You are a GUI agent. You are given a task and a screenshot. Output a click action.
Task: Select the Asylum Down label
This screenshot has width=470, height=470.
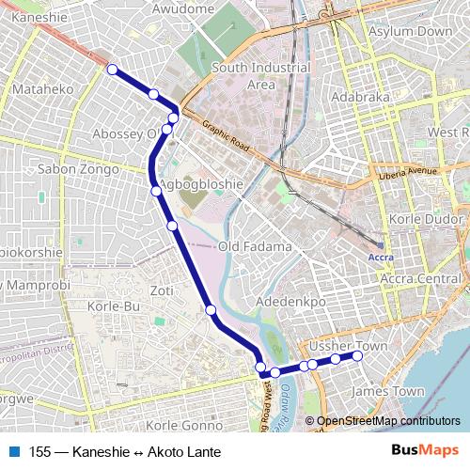click(412, 32)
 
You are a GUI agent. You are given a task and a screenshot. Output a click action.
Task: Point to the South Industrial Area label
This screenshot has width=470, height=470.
click(260, 76)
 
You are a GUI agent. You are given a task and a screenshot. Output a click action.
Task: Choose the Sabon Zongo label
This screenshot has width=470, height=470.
click(77, 169)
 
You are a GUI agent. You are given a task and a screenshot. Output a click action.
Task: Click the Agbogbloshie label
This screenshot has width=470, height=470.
click(201, 184)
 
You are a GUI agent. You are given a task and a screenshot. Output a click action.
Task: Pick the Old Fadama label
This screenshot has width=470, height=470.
click(254, 246)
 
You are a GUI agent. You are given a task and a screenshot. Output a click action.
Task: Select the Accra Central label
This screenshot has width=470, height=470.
click(420, 279)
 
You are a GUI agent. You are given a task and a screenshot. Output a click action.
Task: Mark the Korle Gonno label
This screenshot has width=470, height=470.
click(184, 425)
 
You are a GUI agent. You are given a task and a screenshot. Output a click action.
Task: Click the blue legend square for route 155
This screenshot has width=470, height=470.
click(14, 452)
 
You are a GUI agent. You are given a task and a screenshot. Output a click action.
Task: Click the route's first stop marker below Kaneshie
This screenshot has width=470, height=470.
click(112, 69)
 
